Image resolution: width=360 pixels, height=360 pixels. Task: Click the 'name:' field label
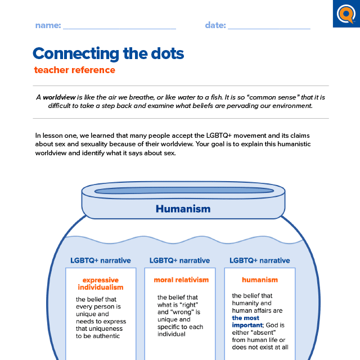(x=48, y=25)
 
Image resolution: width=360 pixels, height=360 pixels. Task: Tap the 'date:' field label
(x=215, y=25)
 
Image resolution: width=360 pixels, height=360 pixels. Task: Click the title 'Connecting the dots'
(x=108, y=53)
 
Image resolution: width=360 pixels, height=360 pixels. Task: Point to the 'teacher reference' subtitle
(x=74, y=70)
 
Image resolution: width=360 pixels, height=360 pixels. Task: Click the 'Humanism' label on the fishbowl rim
(x=183, y=209)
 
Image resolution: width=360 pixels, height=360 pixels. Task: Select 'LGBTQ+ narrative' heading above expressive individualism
(x=100, y=260)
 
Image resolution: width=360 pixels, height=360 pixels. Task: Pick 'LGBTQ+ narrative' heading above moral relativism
(x=180, y=260)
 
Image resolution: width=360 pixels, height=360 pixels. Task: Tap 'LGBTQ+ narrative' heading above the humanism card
(x=260, y=260)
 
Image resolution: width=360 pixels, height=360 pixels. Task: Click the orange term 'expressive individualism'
(x=101, y=283)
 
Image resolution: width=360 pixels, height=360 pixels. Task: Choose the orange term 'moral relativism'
(x=181, y=280)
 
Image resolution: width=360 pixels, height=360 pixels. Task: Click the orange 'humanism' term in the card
(x=260, y=280)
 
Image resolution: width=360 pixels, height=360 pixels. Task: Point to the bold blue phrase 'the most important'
(x=246, y=321)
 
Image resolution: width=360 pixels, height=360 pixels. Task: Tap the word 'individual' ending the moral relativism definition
(x=172, y=334)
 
